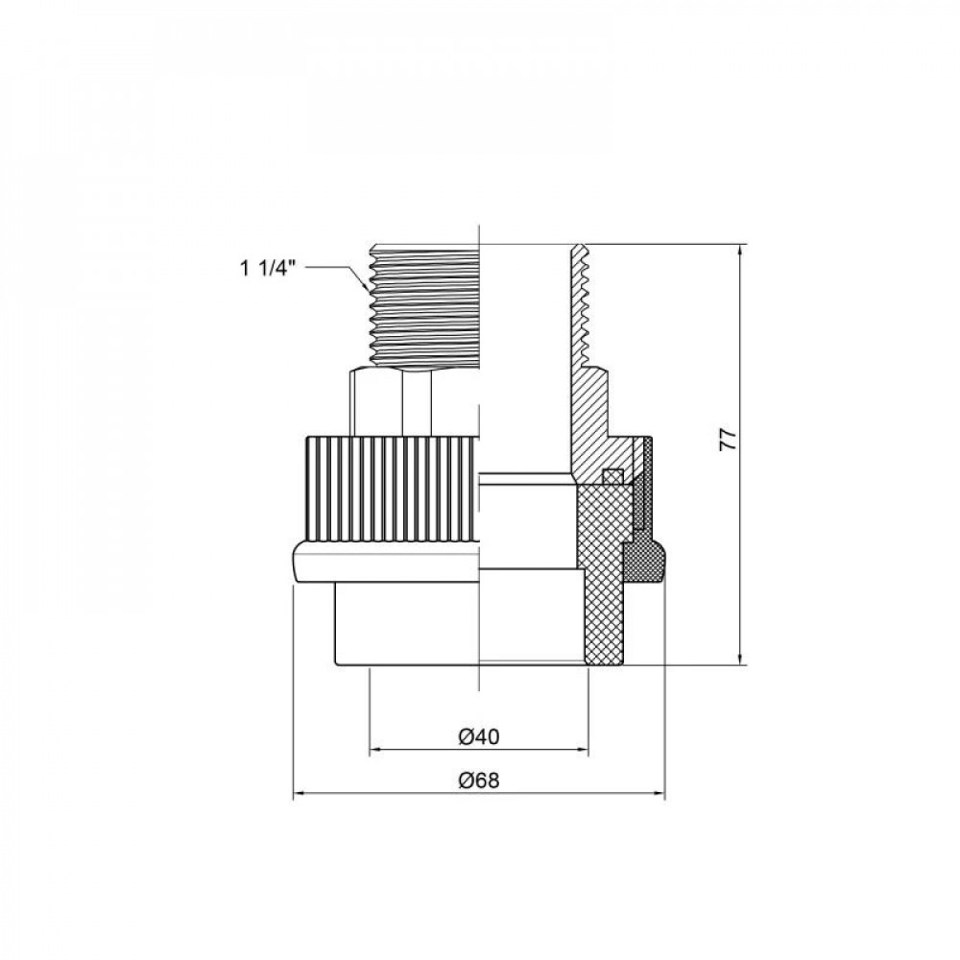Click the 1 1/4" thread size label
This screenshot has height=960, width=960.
pos(268,268)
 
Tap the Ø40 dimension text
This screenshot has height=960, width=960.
pos(479,737)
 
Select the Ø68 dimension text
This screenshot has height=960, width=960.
pos(479,780)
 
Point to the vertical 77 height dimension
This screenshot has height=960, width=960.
pos(728,440)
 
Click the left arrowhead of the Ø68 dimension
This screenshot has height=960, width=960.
pos(300,795)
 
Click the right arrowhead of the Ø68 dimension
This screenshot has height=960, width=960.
pos(659,795)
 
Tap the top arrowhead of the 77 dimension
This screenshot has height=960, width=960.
pos(741,251)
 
